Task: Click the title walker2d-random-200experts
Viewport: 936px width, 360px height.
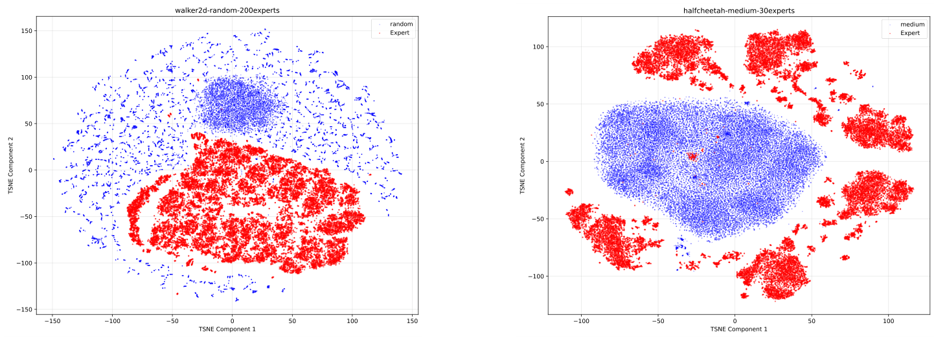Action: click(x=227, y=10)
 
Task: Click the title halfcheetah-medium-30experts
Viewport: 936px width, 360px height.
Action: click(x=738, y=10)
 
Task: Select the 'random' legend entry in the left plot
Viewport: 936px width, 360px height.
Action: click(x=400, y=24)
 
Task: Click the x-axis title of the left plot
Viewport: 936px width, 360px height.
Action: click(x=227, y=330)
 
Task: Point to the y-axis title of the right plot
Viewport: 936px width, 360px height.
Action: click(x=522, y=165)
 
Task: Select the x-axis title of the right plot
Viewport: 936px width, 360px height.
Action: click(x=738, y=330)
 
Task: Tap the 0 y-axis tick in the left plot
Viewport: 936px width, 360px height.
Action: click(x=29, y=170)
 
